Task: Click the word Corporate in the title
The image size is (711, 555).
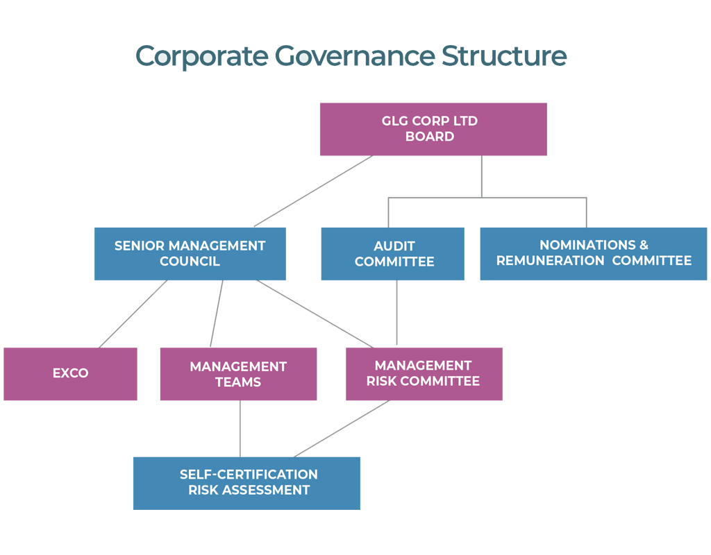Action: [201, 55]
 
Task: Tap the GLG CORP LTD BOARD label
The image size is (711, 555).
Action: [430, 129]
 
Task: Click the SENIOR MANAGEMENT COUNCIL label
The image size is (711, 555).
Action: [190, 254]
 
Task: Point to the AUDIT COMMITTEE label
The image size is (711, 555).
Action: [394, 254]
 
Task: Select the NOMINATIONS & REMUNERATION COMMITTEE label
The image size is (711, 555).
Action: [594, 253]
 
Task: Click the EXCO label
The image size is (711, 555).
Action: [71, 373]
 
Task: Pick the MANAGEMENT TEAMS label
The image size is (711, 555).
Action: [238, 374]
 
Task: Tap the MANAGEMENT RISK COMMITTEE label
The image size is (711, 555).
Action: [423, 373]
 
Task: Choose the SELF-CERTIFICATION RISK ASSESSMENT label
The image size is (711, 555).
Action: [249, 482]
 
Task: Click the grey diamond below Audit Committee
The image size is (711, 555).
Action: [398, 313]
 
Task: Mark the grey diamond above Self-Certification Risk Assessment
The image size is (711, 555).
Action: [240, 429]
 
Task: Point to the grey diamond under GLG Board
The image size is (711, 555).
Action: [483, 177]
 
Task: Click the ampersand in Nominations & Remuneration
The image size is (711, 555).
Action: [643, 245]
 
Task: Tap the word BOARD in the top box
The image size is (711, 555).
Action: [430, 137]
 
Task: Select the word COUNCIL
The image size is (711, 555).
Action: [190, 262]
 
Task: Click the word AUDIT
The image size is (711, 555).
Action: [394, 246]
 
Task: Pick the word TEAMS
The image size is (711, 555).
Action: [238, 382]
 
